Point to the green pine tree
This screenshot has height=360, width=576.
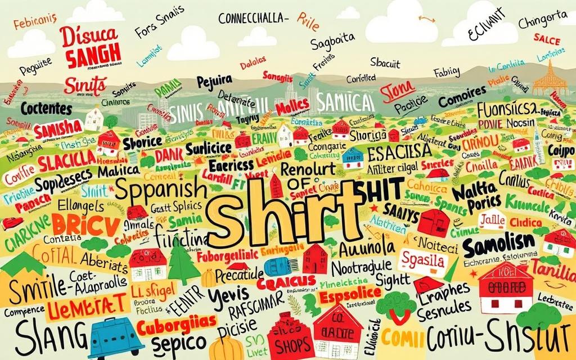pos(182,262)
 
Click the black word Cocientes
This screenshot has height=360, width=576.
pos(46,107)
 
